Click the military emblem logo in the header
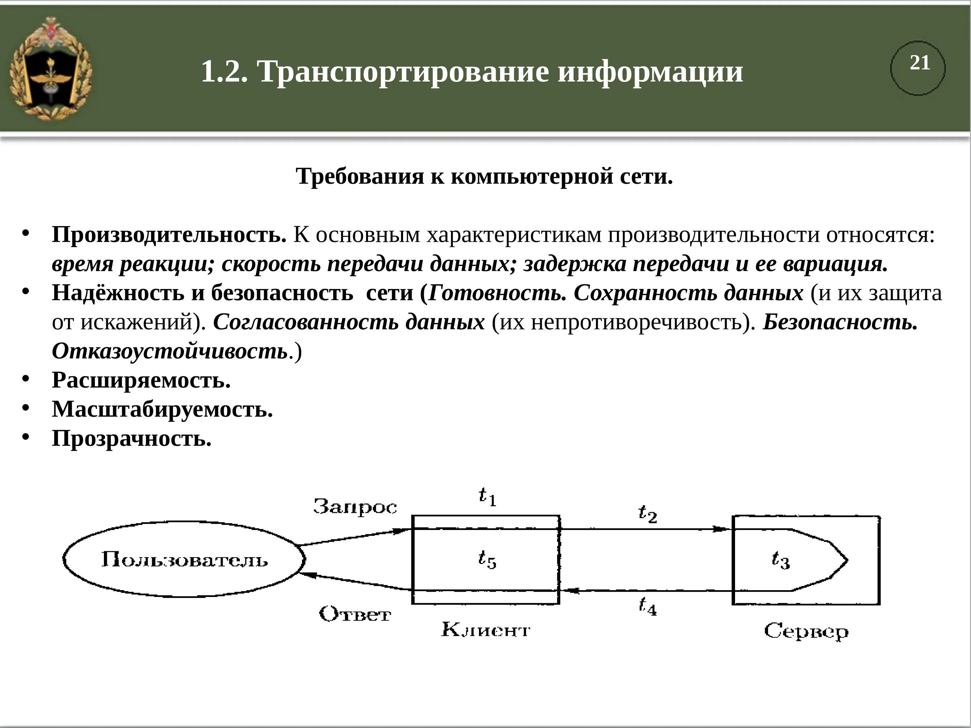pos(51,69)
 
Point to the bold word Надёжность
pos(117,293)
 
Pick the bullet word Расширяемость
pos(141,380)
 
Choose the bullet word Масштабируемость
pos(162,409)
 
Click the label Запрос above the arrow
pos(355,507)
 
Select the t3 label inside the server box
pos(780,560)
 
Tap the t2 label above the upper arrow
pos(647,513)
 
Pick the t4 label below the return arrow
pos(647,606)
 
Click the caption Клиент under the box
pos(485,630)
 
